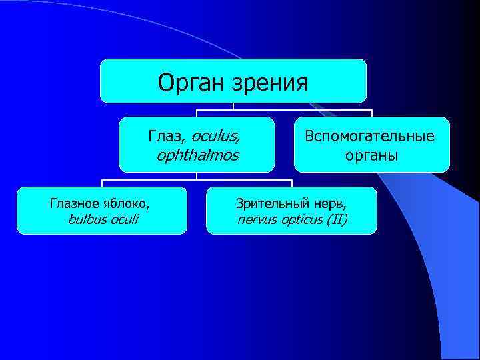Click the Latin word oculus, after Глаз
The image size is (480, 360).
pyautogui.click(x=216, y=136)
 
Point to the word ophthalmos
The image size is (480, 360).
pyautogui.click(x=197, y=156)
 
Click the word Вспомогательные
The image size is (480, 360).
pyautogui.click(x=369, y=136)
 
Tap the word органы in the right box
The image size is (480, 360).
pyautogui.click(x=371, y=156)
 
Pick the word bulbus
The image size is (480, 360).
pyautogui.click(x=85, y=219)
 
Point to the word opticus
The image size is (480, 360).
pyautogui.click(x=299, y=219)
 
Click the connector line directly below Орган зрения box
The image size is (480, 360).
pyautogui.click(x=233, y=106)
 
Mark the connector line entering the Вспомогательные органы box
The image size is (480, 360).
pyautogui.click(x=371, y=113)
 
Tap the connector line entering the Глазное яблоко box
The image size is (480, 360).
pyautogui.click(x=101, y=183)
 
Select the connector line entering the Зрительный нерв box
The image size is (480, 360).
pyautogui.click(x=291, y=183)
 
